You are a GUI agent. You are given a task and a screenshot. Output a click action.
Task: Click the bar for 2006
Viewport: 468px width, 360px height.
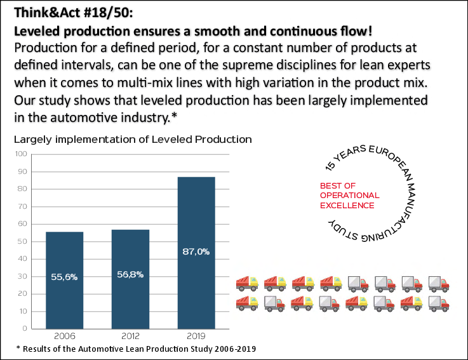(65, 279)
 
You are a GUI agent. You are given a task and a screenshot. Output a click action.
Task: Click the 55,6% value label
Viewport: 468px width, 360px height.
(65, 276)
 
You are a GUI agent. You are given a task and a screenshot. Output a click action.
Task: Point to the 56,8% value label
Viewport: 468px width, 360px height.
(130, 274)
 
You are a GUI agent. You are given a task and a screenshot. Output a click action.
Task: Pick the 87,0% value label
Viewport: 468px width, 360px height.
(196, 251)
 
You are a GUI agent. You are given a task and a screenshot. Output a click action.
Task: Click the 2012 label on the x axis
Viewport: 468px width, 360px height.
(130, 337)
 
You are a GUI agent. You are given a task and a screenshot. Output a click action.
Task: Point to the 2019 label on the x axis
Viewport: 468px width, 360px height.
(196, 337)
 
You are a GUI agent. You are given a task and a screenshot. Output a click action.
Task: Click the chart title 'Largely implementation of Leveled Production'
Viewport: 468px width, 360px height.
(133, 139)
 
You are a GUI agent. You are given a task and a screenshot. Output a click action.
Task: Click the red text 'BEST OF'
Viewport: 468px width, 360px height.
(338, 185)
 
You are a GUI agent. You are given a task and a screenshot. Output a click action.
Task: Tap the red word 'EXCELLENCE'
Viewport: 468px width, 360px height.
(347, 205)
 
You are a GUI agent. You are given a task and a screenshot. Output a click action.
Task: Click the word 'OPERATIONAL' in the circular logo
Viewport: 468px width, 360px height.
(349, 196)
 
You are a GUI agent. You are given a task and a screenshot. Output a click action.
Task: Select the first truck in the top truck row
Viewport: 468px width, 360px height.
(247, 283)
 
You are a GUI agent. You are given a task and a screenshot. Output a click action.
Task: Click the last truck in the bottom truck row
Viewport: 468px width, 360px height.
(439, 303)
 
